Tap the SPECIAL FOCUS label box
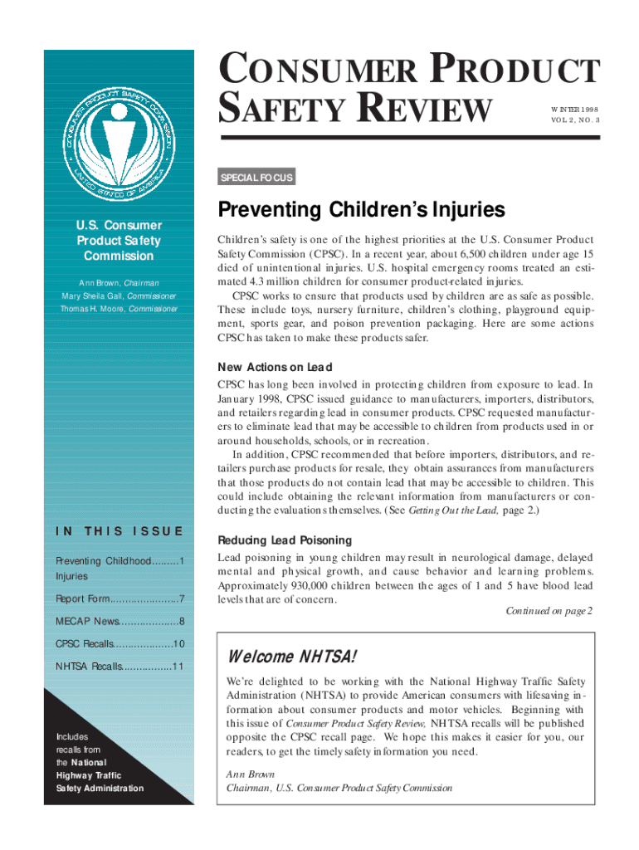click(x=255, y=178)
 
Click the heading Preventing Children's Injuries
click(x=360, y=208)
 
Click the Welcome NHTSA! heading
click(x=291, y=657)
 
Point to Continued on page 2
click(x=549, y=611)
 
